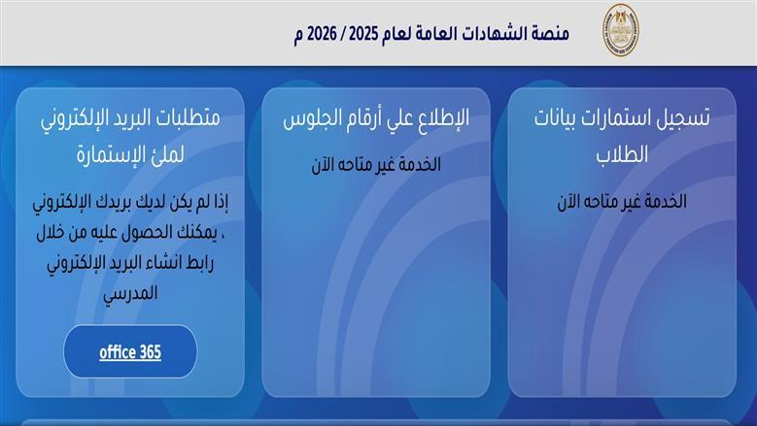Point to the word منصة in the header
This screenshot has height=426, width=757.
pos(550,33)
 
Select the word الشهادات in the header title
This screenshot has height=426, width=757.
pos(491,33)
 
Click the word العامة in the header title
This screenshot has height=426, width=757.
pos(430,33)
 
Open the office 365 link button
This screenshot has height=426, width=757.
pos(130,351)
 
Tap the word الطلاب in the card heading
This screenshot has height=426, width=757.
pos(623,154)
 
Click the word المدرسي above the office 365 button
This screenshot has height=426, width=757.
pos(130,291)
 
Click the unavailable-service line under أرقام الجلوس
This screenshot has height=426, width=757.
pos(375,165)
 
